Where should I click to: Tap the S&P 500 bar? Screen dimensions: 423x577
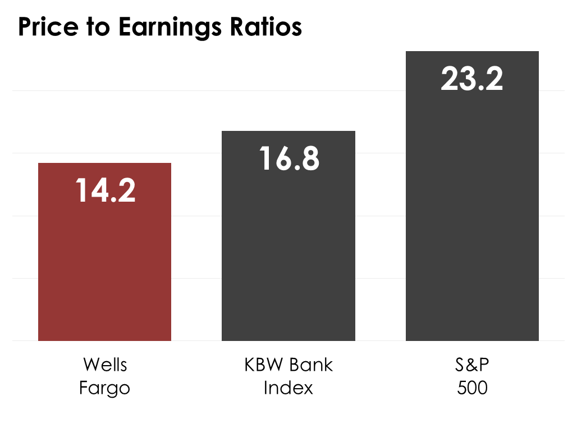pyautogui.click(x=472, y=225)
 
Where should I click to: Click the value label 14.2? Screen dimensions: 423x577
pyautogui.click(x=106, y=191)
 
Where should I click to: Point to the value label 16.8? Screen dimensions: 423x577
pyautogui.click(x=289, y=159)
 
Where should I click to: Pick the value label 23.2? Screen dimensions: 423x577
pyautogui.click(x=472, y=79)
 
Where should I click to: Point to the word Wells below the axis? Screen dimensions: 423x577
pyautogui.click(x=105, y=365)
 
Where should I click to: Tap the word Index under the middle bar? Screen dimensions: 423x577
pyautogui.click(x=288, y=388)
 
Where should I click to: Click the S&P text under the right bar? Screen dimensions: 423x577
pyautogui.click(x=472, y=365)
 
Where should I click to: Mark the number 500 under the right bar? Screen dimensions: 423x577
pyautogui.click(x=472, y=388)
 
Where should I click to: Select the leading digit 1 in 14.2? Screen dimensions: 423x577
pyautogui.click(x=81, y=191)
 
